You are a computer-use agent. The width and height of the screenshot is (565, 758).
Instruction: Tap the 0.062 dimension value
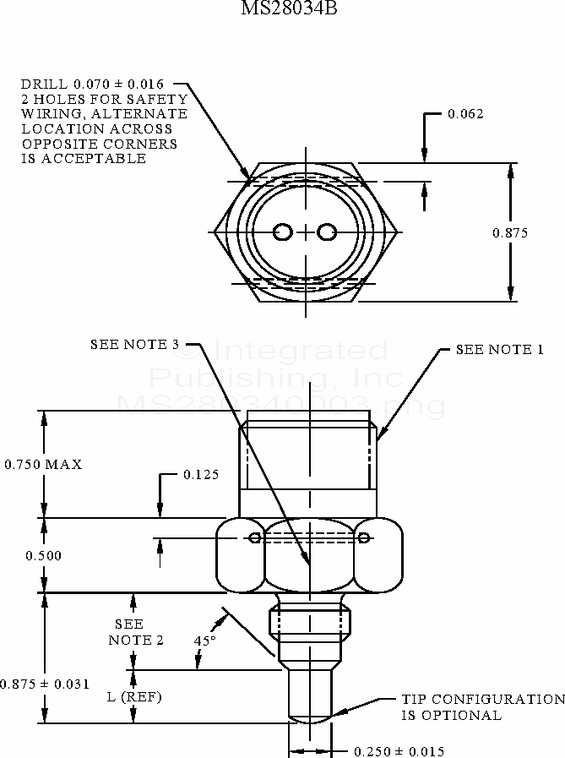click(465, 114)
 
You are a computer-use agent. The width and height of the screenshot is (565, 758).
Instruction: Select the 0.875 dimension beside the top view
click(510, 233)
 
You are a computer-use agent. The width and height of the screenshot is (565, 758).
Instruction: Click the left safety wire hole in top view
click(285, 232)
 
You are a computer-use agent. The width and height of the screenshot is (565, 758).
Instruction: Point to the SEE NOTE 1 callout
click(499, 349)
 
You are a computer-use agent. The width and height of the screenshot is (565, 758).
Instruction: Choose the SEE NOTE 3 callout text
click(135, 344)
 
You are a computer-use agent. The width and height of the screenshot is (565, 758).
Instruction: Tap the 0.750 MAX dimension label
click(43, 465)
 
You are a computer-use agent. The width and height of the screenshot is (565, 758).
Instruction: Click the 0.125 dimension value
click(201, 475)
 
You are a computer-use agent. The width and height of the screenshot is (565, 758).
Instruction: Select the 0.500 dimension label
click(42, 555)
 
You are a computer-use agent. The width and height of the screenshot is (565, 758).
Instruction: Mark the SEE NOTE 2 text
click(135, 632)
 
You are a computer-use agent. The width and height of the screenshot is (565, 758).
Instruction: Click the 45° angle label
click(205, 641)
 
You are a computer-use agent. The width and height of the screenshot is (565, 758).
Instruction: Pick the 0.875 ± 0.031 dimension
click(45, 684)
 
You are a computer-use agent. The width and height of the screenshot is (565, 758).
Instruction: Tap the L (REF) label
click(133, 697)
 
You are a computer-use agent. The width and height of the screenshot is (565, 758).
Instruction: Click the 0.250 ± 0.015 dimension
click(399, 751)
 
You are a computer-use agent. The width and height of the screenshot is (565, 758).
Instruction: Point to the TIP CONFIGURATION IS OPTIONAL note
click(481, 707)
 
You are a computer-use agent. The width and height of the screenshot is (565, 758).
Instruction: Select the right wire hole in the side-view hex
click(364, 538)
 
